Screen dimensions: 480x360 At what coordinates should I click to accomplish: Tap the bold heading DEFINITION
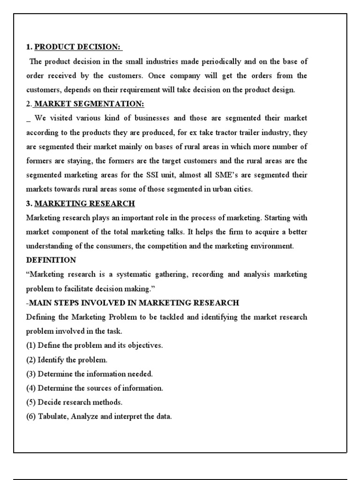pyautogui.click(x=51, y=260)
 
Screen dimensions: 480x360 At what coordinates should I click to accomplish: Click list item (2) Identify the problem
pyautogui.click(x=67, y=360)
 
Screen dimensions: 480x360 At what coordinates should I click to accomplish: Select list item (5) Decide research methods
pyautogui.click(x=74, y=402)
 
